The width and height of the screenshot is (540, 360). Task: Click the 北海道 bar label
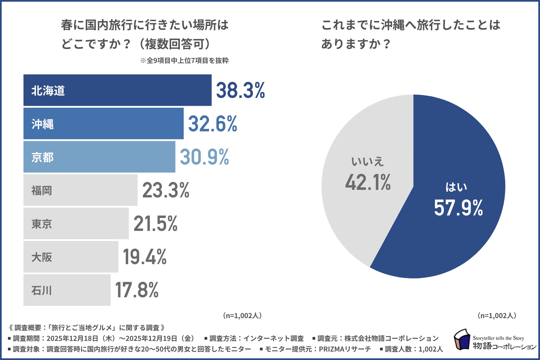(48, 91)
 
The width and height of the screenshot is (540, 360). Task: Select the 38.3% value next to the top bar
(240, 90)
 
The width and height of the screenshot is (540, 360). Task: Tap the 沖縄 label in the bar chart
(42, 124)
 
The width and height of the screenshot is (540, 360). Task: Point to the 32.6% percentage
(213, 124)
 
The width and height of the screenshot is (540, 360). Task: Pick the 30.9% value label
(204, 157)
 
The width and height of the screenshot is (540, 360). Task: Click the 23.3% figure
(166, 190)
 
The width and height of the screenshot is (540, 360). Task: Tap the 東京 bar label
(42, 224)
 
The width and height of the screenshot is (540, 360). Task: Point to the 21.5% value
(156, 224)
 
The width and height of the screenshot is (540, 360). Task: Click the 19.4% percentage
(145, 257)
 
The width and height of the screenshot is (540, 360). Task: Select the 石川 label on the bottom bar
(42, 290)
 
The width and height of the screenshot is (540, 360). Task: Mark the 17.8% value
(137, 290)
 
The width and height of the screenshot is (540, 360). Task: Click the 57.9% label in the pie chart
(458, 208)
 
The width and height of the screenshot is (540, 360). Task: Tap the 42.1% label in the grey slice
(368, 183)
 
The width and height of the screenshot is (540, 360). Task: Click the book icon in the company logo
(462, 340)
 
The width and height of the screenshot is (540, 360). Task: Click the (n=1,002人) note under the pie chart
(497, 316)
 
